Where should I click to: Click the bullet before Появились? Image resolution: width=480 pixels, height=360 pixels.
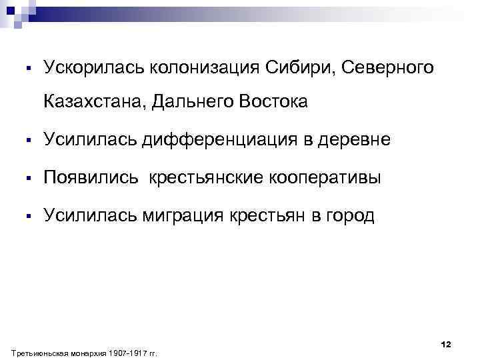30,179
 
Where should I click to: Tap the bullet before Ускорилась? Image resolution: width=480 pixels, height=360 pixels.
30,68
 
